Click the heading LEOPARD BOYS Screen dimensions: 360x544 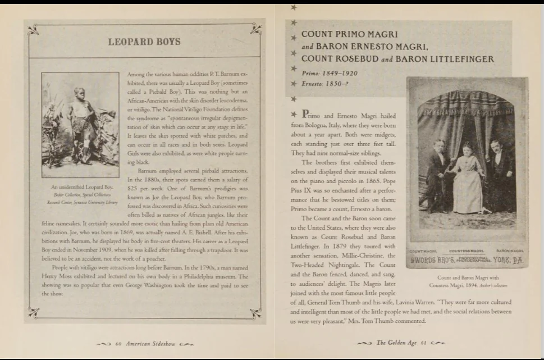click(x=144, y=42)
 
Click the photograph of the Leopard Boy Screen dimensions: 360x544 click(x=80, y=120)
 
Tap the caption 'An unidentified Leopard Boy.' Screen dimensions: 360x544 click(x=82, y=186)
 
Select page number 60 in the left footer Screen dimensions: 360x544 click(x=119, y=343)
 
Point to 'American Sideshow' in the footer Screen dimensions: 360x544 click(x=150, y=343)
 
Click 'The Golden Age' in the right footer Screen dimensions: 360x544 click(x=395, y=343)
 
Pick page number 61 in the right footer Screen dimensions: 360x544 click(x=424, y=343)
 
